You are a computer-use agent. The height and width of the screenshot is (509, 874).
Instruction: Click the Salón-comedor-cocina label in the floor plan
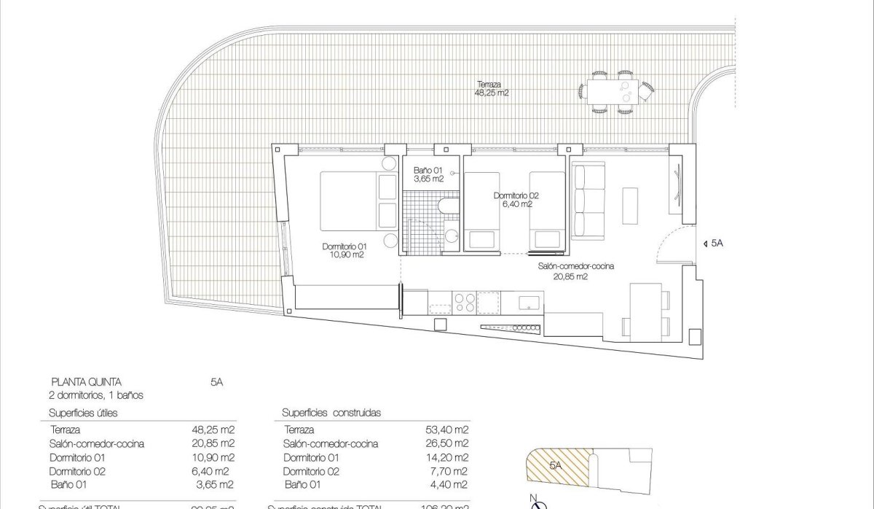coord(575,271)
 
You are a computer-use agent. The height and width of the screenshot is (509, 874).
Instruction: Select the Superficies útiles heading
coord(84,413)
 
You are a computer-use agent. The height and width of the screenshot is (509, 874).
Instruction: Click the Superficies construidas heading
coord(331,413)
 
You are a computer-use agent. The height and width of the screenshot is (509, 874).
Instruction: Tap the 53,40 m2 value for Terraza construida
coord(449,430)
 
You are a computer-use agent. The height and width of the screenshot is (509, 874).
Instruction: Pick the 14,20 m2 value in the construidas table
coord(449,457)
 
